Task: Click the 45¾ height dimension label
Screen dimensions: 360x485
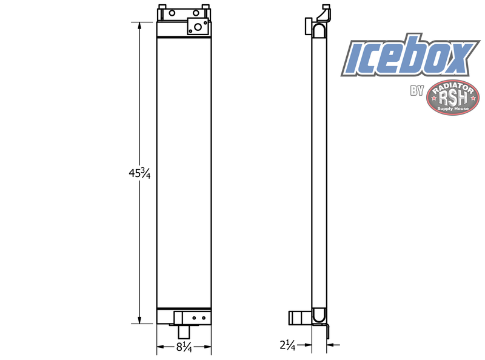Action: coord(139,173)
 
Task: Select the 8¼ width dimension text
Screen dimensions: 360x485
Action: coord(184,347)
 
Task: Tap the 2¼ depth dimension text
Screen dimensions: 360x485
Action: coord(287,346)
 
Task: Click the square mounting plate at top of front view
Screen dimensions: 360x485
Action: coord(196,25)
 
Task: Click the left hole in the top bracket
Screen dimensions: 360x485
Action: coord(172,13)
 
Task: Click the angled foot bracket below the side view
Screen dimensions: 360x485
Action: coord(327,331)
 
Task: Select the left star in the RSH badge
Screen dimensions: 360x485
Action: coord(435,98)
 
